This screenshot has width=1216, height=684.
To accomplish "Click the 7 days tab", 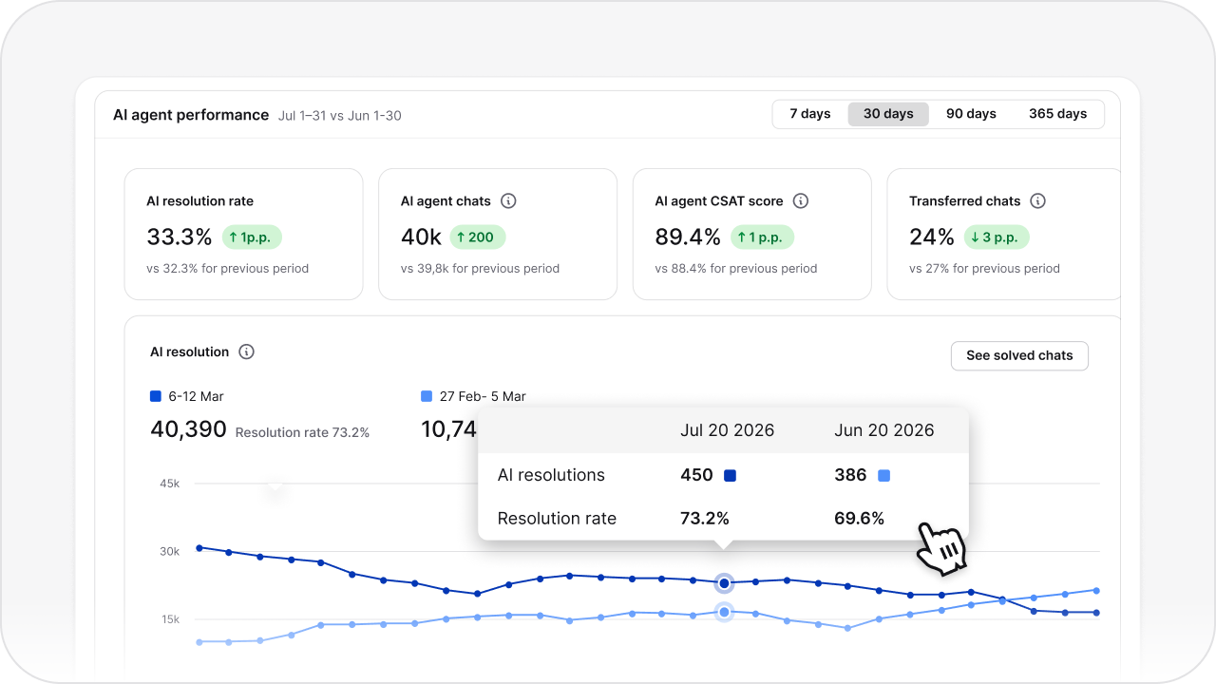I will point(810,114).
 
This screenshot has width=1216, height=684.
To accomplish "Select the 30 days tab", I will point(888,114).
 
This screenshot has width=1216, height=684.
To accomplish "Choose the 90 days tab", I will point(971,114).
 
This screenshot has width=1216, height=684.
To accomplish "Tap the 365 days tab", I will point(1057,114).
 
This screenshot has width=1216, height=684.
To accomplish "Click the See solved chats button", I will point(1019,355).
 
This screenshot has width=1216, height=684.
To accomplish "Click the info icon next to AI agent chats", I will point(508,201).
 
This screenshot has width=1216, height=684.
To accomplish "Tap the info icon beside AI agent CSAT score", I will point(801,201).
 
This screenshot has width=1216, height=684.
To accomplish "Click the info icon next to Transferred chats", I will point(1038,201).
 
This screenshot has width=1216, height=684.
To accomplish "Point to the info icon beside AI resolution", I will point(246,351).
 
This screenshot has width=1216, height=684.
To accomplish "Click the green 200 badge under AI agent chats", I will point(478,237).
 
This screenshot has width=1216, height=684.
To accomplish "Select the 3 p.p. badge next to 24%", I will point(996,237).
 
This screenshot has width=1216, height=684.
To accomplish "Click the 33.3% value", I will point(180,237).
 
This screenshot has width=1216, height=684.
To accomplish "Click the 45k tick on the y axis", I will point(170,484).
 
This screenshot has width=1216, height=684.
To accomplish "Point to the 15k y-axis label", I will point(170,619).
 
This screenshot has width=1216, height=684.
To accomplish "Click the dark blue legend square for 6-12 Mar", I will point(156,396).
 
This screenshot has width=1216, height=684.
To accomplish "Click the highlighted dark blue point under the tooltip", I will point(724,582).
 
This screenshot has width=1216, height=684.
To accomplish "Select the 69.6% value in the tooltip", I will point(860,518).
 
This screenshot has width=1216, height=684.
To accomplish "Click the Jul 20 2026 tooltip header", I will point(727,430).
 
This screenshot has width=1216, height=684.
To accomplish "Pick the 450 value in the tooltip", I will point(696,475).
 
